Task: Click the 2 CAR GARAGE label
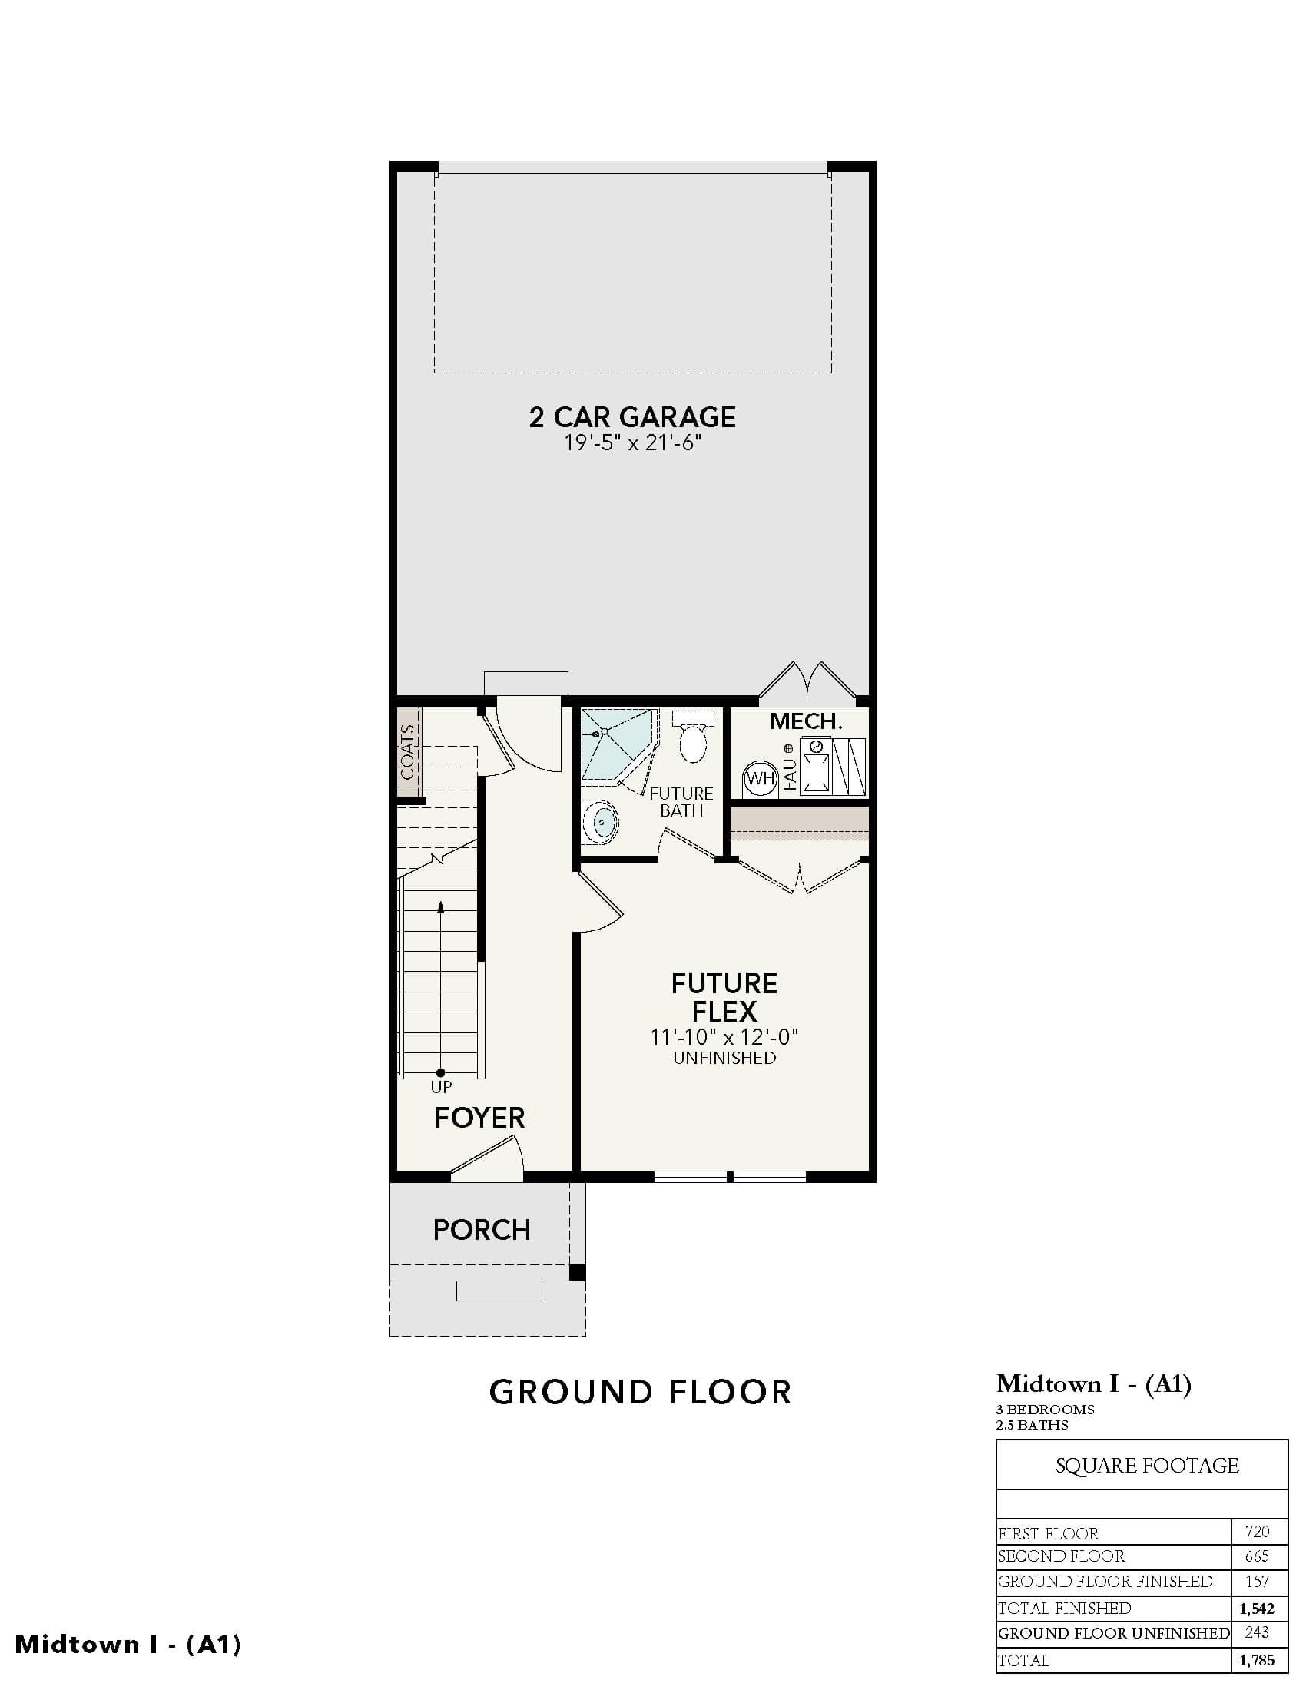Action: click(632, 417)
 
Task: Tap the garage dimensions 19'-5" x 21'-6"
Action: click(632, 443)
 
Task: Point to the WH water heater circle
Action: click(760, 778)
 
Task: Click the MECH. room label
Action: click(805, 721)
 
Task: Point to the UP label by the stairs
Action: click(441, 1086)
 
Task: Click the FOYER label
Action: click(479, 1118)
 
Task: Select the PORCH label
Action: click(481, 1230)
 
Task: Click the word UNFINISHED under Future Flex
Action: click(724, 1058)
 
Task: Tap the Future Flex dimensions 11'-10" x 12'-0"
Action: click(724, 1037)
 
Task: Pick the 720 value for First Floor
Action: click(1258, 1530)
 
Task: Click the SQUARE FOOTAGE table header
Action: click(1148, 1465)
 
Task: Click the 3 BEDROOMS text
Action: click(1046, 1409)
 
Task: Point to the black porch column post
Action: click(577, 1273)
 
